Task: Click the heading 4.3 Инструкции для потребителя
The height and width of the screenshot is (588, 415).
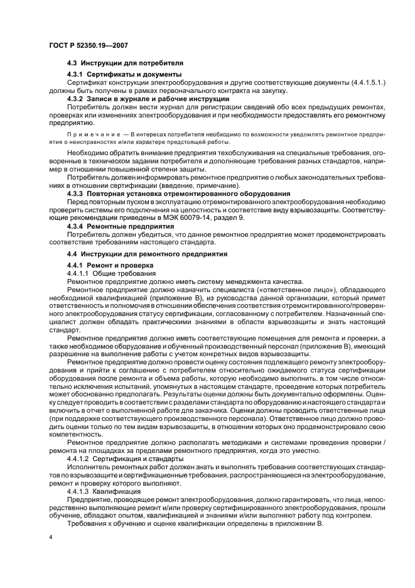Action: point(125,63)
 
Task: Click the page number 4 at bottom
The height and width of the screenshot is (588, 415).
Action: point(50,537)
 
